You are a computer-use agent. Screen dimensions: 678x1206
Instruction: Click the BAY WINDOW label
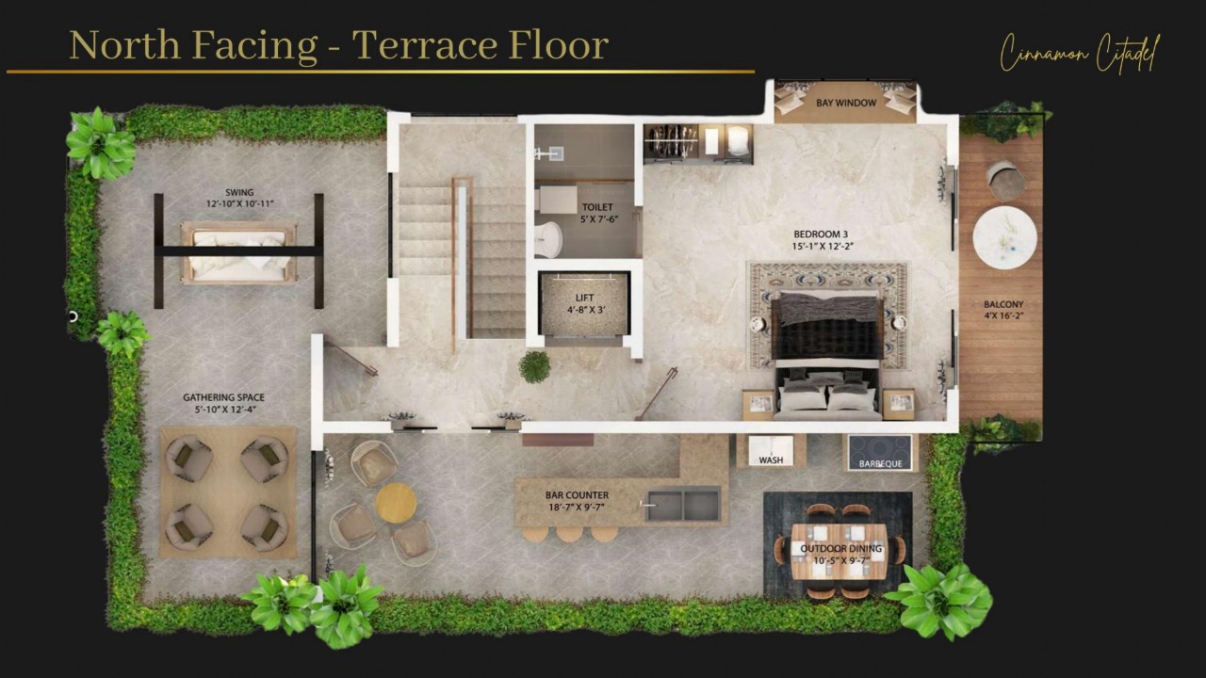(845, 103)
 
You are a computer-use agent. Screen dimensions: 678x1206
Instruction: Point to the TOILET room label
(596, 207)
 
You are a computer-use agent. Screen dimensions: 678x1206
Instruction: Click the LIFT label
(584, 298)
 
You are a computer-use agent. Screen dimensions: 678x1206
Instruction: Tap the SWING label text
(239, 193)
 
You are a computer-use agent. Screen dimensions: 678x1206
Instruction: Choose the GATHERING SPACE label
(223, 397)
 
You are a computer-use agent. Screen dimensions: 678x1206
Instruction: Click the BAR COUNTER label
(577, 494)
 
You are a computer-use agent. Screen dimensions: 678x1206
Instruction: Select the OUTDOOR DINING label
(840, 548)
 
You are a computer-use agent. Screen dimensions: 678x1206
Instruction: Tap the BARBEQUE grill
(881, 453)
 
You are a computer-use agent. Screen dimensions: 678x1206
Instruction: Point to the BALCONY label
(1002, 305)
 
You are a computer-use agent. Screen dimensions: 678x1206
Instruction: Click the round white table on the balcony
(1004, 237)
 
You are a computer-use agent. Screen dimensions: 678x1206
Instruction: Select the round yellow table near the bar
(396, 503)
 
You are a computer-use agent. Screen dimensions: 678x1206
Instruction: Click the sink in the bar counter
(683, 504)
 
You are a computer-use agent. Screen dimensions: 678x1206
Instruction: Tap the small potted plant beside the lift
(534, 366)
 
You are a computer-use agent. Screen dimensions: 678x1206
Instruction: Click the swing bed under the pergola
(239, 251)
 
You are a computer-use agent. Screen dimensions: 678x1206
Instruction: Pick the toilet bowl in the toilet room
(547, 239)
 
